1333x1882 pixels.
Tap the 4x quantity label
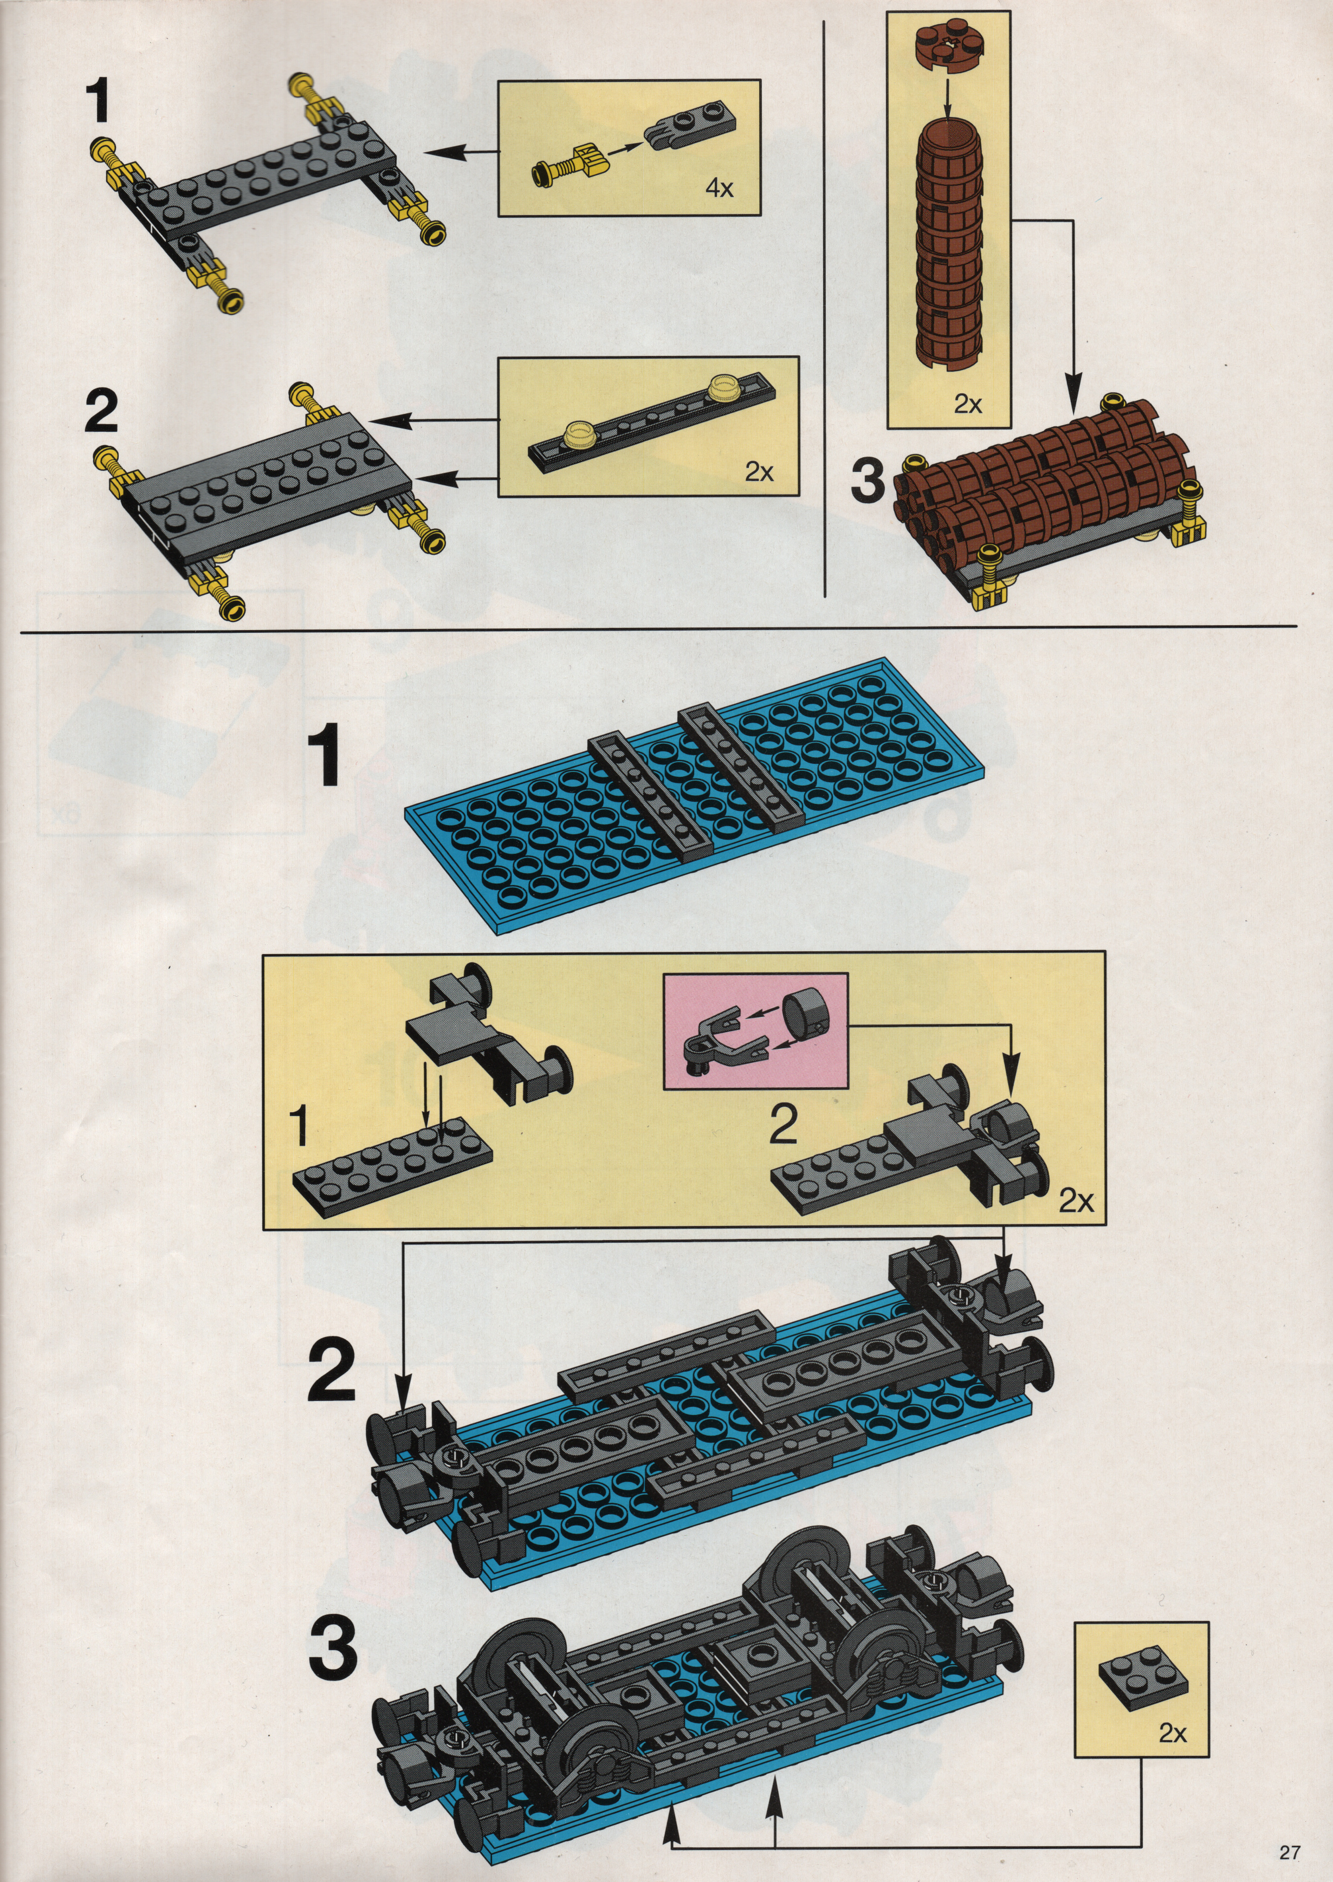(719, 188)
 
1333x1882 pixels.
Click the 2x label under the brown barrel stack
(968, 405)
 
